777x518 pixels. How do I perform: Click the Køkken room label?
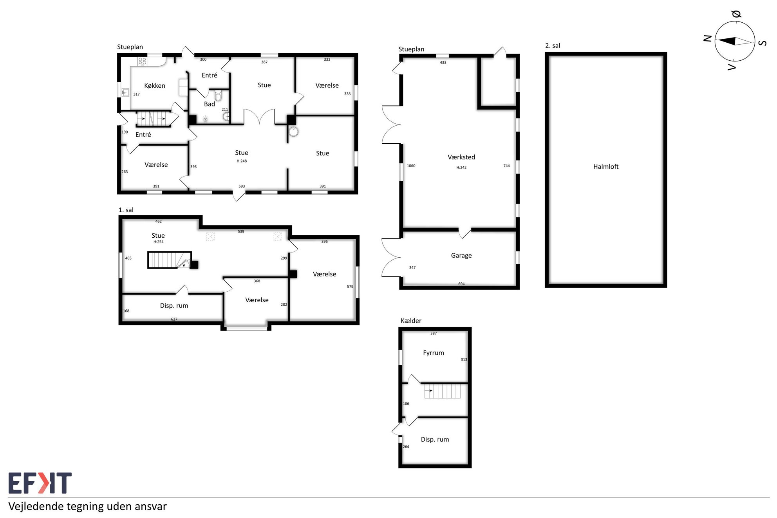pyautogui.click(x=155, y=86)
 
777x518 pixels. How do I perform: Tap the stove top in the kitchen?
pyautogui.click(x=142, y=61)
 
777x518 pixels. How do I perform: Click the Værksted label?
pyautogui.click(x=461, y=157)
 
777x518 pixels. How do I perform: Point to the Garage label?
pyautogui.click(x=461, y=256)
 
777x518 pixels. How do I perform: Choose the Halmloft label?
pyautogui.click(x=606, y=166)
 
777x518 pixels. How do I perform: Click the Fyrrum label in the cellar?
pyautogui.click(x=434, y=353)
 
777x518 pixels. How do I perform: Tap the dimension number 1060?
pyautogui.click(x=411, y=166)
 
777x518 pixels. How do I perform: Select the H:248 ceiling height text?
pyautogui.click(x=242, y=161)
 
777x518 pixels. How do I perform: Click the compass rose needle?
pyautogui.click(x=735, y=41)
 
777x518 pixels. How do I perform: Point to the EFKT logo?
pyautogui.click(x=40, y=483)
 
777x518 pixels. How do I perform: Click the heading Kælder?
pyautogui.click(x=411, y=321)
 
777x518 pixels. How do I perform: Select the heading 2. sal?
pyautogui.click(x=553, y=45)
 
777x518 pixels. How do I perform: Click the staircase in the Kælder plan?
pyautogui.click(x=442, y=391)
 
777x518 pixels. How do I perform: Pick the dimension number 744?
pyautogui.click(x=506, y=166)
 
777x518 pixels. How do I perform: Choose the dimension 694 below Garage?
pyautogui.click(x=461, y=284)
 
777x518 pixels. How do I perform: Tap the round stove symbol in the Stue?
pyautogui.click(x=294, y=132)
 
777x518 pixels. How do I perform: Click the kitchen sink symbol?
pyautogui.click(x=125, y=92)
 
